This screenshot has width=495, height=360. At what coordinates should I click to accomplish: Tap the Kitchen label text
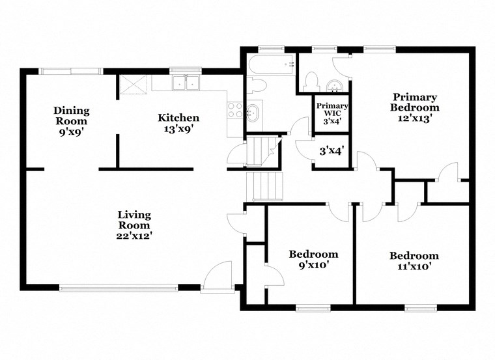tap(178, 118)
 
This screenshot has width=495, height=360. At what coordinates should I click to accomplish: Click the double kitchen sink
tap(186, 83)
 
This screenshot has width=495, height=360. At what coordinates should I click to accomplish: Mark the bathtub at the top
tap(271, 65)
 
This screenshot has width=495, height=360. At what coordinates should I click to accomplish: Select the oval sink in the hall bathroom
tap(253, 112)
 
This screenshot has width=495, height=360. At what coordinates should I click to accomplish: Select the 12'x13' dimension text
tap(414, 118)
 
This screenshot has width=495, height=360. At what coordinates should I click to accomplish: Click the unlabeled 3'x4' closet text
tap(331, 151)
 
